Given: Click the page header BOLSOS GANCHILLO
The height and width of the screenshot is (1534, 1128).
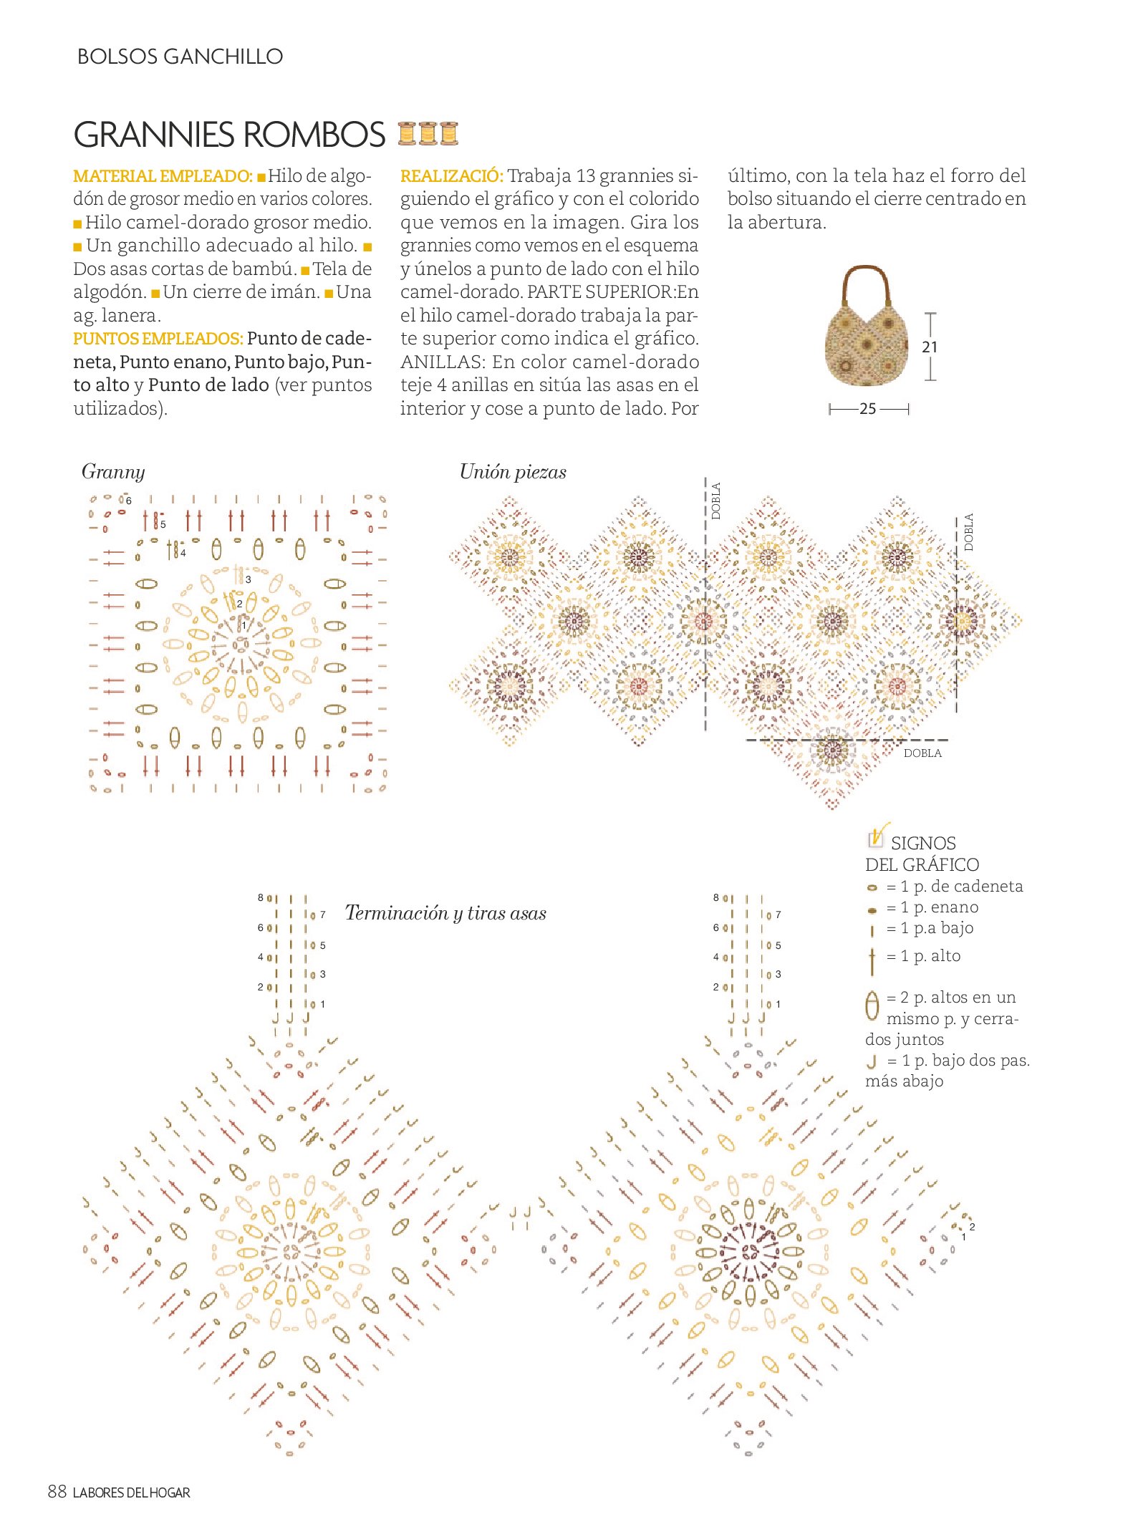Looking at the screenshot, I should pyautogui.click(x=180, y=57).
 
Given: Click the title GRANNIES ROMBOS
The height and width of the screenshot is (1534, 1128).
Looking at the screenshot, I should pyautogui.click(x=229, y=135).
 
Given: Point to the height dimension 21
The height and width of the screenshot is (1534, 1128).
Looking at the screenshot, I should pyautogui.click(x=930, y=347).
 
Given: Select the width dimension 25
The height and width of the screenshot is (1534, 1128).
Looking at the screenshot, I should pyautogui.click(x=867, y=410).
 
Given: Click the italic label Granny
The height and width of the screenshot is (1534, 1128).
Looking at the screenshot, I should pyautogui.click(x=113, y=472).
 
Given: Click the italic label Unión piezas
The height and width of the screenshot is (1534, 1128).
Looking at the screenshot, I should pyautogui.click(x=513, y=473).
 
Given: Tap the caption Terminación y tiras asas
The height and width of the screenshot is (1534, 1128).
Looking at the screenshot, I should pyautogui.click(x=445, y=914).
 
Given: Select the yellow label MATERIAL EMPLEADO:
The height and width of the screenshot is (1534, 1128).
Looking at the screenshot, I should pyautogui.click(x=163, y=176).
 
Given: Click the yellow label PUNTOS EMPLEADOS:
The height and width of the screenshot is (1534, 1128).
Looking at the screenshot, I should pyautogui.click(x=158, y=339).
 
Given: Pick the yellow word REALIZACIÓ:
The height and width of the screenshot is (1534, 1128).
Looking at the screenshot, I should pyautogui.click(x=451, y=176).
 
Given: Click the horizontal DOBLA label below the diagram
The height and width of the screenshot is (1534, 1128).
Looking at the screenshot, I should pyautogui.click(x=922, y=753).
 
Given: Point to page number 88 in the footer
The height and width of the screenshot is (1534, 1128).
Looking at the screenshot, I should pyautogui.click(x=57, y=1492).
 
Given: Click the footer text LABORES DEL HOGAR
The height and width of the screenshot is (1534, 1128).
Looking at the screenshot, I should pyautogui.click(x=132, y=1493).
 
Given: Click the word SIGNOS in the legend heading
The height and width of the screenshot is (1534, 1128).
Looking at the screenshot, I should pyautogui.click(x=923, y=843).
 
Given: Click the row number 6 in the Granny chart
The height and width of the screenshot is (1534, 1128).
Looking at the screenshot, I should pyautogui.click(x=129, y=501).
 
